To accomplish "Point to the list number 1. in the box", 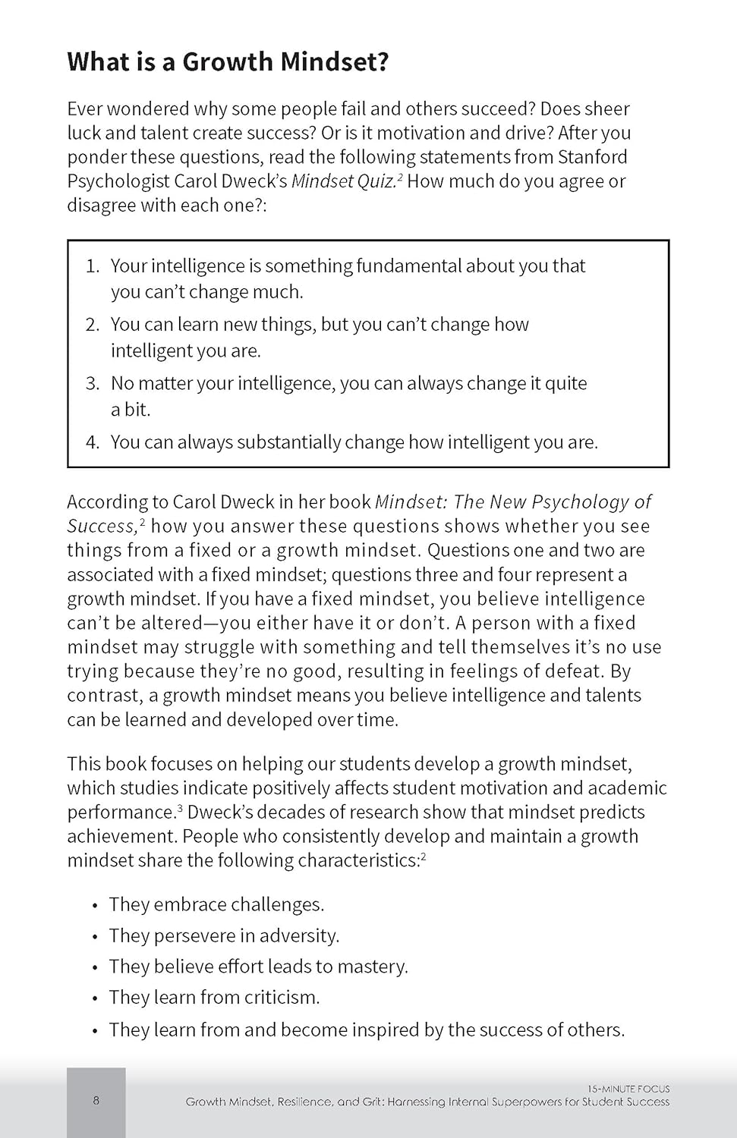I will (x=93, y=266).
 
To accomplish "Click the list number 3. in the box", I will (x=93, y=383).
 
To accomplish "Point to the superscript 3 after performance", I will (x=180, y=808).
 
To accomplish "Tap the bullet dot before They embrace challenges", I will (x=95, y=906).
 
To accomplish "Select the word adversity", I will (x=298, y=935).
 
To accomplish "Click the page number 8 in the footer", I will (x=96, y=1101).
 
